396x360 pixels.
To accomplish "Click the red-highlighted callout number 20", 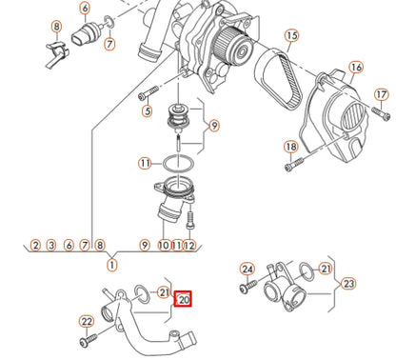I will (x=185, y=299).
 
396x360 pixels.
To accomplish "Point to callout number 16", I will (x=356, y=68).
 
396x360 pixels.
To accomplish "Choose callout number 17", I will (x=381, y=94).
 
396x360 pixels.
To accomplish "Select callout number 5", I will (x=147, y=111).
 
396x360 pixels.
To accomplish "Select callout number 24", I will (x=247, y=270).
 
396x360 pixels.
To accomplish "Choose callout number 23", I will (x=348, y=283).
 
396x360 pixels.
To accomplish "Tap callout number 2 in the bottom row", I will (x=35, y=245).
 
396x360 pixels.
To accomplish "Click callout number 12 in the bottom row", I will (x=189, y=245).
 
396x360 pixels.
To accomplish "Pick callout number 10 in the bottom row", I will (x=164, y=245).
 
